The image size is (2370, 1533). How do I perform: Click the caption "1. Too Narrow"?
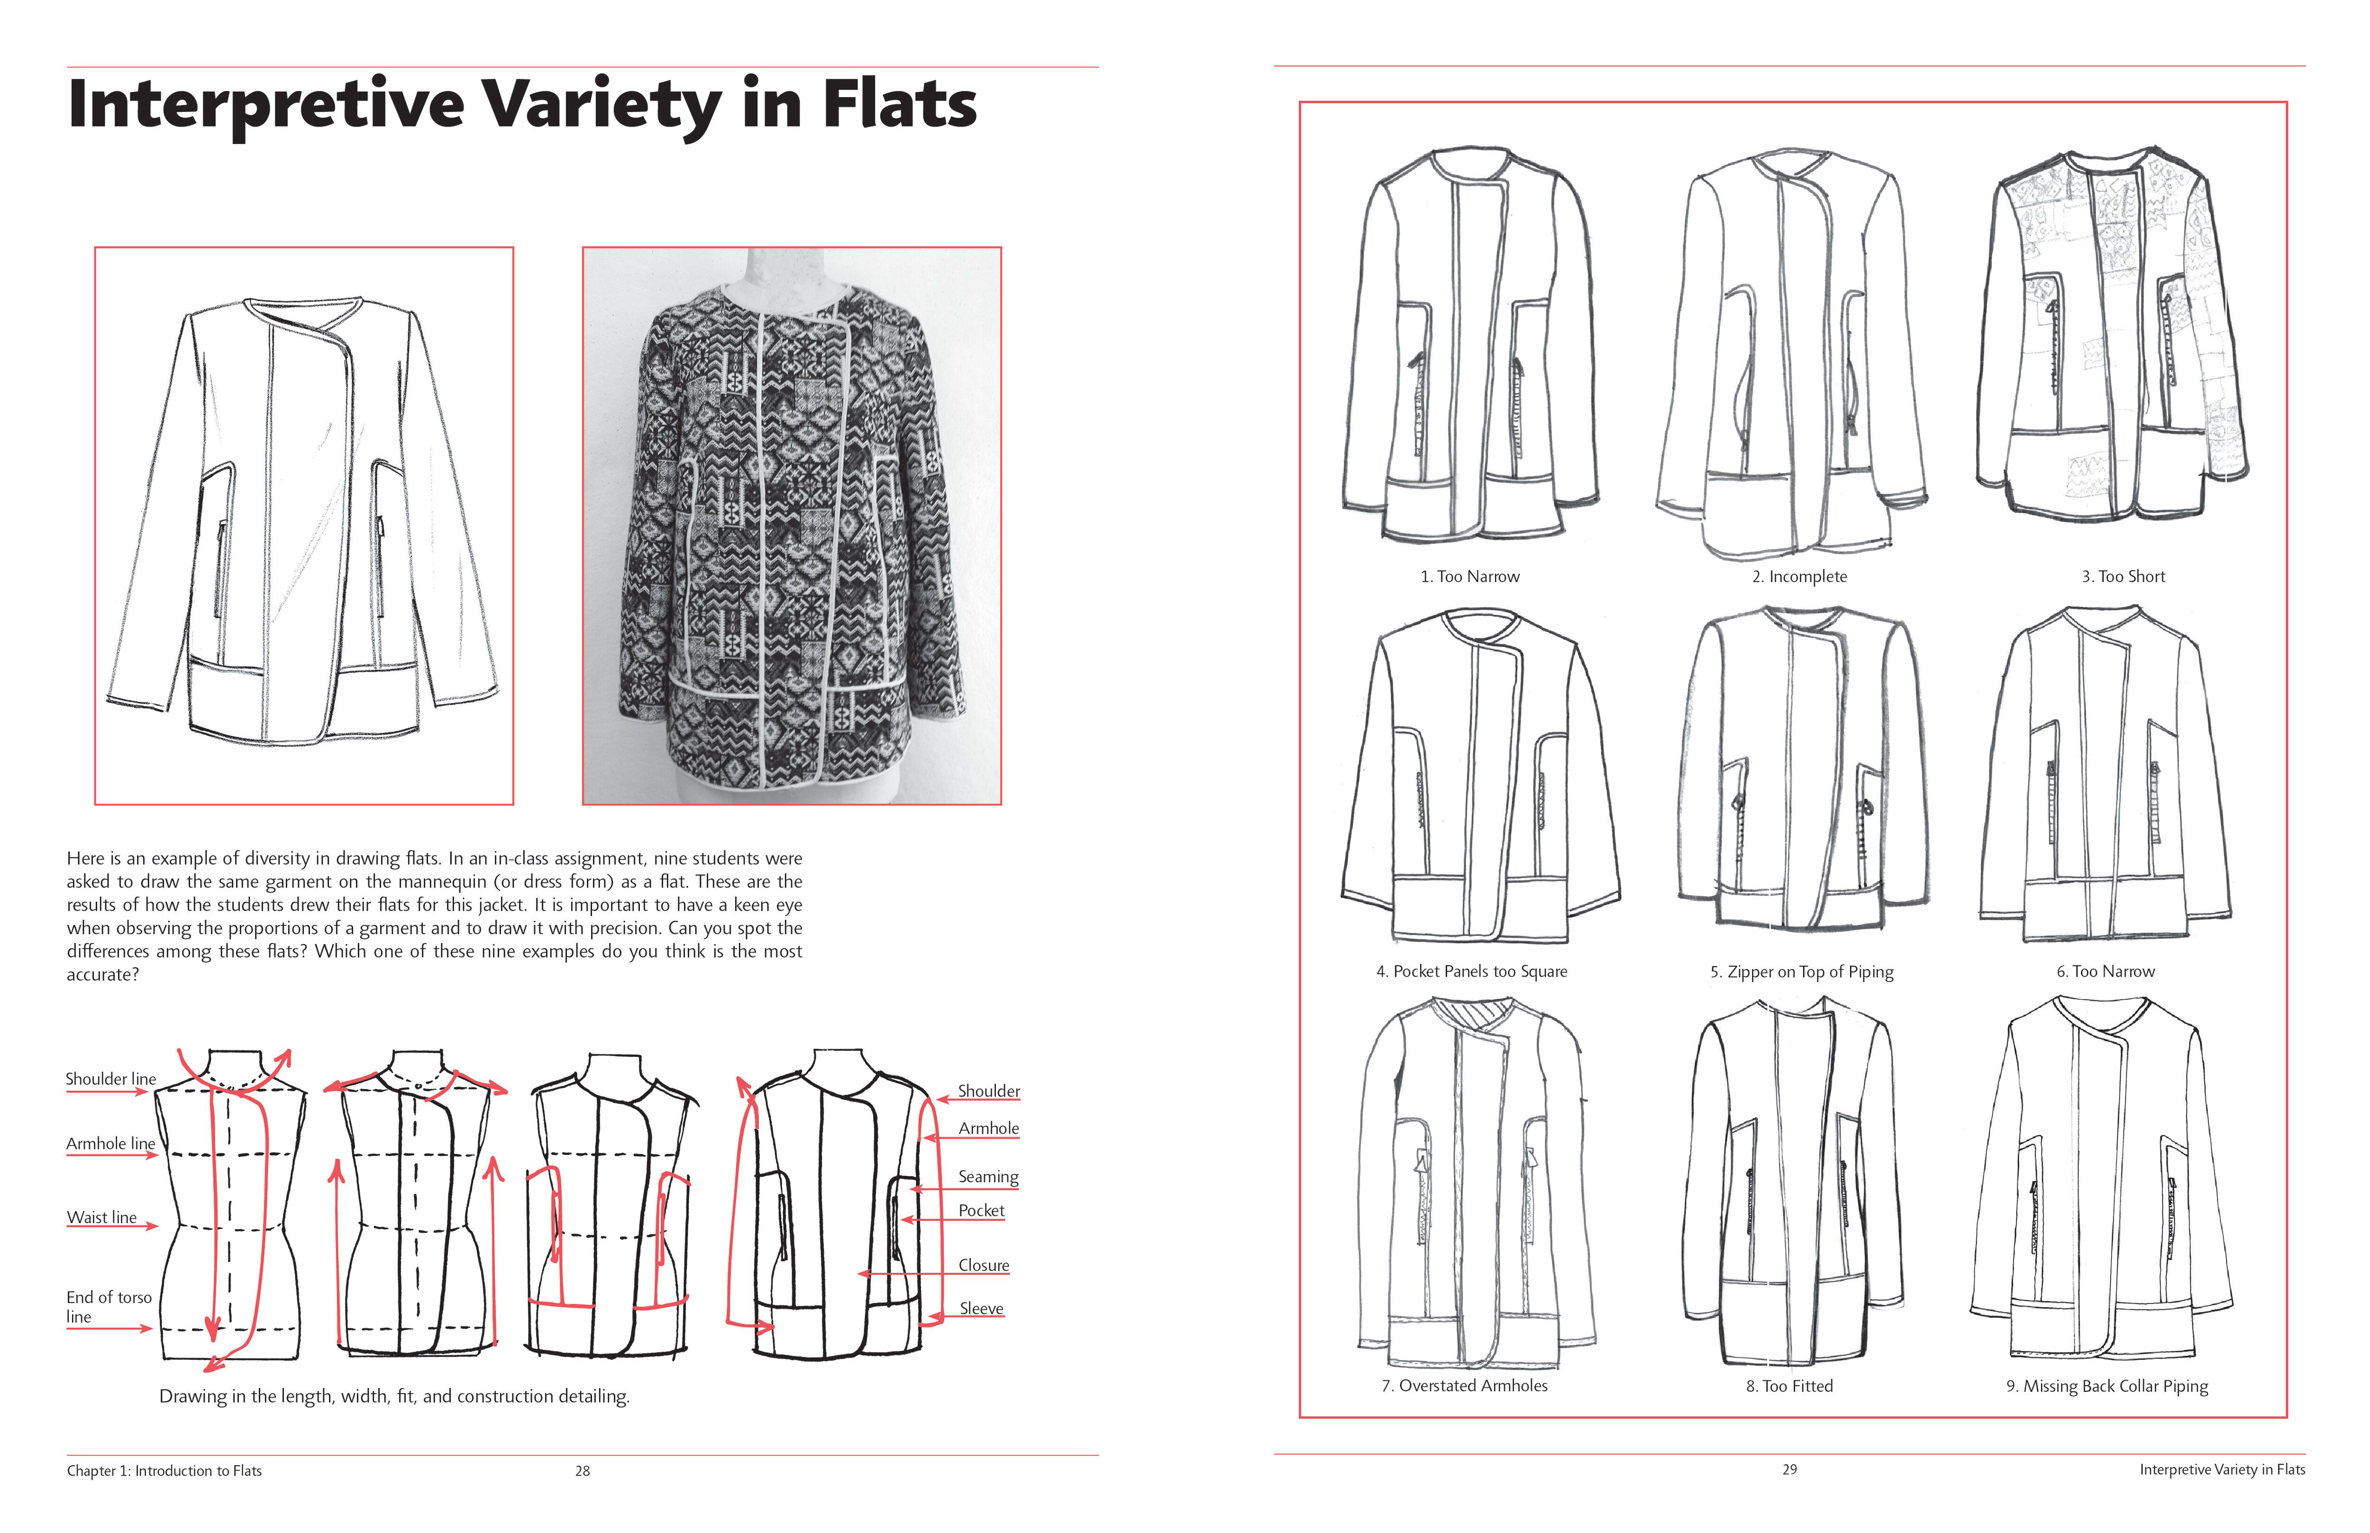(1470, 576)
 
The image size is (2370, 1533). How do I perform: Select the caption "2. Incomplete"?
(1799, 576)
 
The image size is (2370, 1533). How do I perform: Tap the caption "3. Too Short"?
(2123, 576)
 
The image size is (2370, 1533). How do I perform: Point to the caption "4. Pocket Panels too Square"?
(1472, 971)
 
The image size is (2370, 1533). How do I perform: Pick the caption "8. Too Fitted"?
(1789, 1386)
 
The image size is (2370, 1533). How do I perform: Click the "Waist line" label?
(101, 1217)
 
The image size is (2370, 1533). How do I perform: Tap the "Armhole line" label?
(110, 1144)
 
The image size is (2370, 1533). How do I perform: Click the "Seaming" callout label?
(988, 1177)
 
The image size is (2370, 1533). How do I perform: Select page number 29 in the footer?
(1789, 1470)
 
